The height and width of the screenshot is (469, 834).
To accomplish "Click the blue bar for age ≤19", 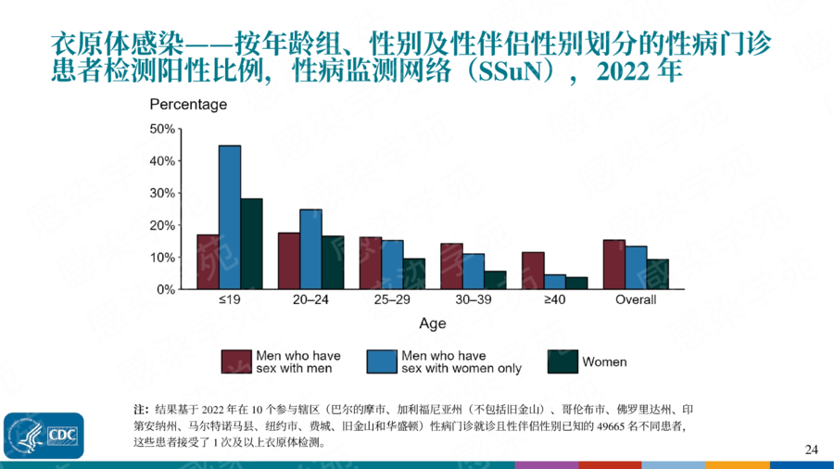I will pyautogui.click(x=230, y=218).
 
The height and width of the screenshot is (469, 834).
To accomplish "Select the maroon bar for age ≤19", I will pyautogui.click(x=208, y=262).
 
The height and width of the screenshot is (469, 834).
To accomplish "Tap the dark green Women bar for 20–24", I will pyautogui.click(x=332, y=262).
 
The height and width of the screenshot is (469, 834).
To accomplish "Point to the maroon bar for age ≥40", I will pyautogui.click(x=533, y=271).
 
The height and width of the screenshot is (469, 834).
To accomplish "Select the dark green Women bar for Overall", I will pyautogui.click(x=657, y=274).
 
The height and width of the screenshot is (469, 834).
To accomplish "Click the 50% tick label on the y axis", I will pyautogui.click(x=162, y=129).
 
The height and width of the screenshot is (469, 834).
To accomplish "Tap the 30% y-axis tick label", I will pyautogui.click(x=162, y=193).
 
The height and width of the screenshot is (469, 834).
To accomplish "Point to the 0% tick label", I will pyautogui.click(x=165, y=289).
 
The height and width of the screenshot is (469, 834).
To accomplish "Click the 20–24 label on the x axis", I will pyautogui.click(x=310, y=300).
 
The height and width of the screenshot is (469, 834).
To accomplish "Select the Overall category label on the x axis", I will pyautogui.click(x=636, y=300).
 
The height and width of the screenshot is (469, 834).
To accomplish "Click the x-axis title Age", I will pyautogui.click(x=432, y=323).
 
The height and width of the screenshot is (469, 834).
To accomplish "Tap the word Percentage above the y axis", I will pyautogui.click(x=188, y=105).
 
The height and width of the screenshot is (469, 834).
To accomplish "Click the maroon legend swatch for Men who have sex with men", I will pyautogui.click(x=236, y=361).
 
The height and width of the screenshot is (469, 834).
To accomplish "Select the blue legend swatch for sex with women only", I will pyautogui.click(x=383, y=361).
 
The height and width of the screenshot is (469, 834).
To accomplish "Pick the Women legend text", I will pyautogui.click(x=604, y=362).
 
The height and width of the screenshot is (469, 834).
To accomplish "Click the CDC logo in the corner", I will pyautogui.click(x=44, y=435).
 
